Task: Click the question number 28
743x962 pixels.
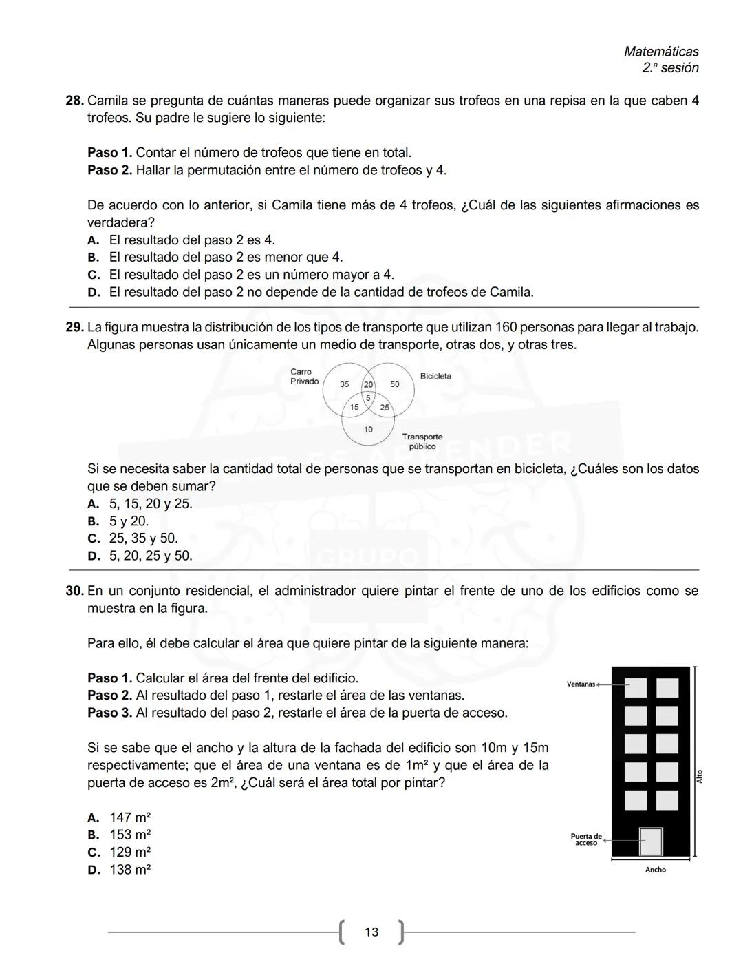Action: (74, 101)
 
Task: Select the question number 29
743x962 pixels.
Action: (74, 327)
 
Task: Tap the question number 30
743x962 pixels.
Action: (74, 591)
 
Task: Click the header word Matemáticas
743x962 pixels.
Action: (660, 52)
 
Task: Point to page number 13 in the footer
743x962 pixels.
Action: (371, 932)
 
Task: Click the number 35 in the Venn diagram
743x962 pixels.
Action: (345, 384)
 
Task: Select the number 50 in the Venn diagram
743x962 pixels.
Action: (395, 384)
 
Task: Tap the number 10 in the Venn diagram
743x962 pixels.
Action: (368, 430)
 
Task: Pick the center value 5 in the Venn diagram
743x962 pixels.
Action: (368, 398)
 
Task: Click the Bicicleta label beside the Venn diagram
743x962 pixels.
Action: (435, 376)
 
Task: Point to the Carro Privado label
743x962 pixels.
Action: (304, 377)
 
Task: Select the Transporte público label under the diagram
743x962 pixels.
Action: (422, 441)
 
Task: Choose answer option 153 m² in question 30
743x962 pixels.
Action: (130, 835)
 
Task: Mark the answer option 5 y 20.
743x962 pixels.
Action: (129, 521)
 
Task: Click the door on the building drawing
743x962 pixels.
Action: (650, 841)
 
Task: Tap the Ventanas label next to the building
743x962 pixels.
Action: (581, 684)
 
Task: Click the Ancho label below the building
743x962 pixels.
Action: (655, 870)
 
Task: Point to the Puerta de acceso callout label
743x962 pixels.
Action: (586, 839)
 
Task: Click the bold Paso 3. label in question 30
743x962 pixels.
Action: (109, 713)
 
